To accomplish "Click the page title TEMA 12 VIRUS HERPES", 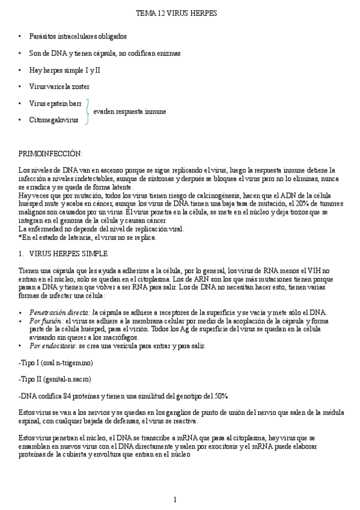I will click(176, 13).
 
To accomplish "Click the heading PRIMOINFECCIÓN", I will click(50, 154).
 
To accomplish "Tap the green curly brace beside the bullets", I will click(88, 111).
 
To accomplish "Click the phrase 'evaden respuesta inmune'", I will click(130, 112).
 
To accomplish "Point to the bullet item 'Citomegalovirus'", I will click(53, 120).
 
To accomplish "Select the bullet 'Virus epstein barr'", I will click(55, 103).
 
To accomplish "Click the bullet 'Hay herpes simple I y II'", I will click(64, 70).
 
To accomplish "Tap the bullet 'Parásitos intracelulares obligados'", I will click(78, 36).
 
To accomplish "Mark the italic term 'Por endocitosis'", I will click(52, 346).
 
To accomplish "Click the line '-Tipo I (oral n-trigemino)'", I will click(56, 363).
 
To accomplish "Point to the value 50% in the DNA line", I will click(221, 396).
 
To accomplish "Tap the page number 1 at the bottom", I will click(175, 500).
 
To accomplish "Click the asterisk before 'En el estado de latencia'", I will click(20, 238).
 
